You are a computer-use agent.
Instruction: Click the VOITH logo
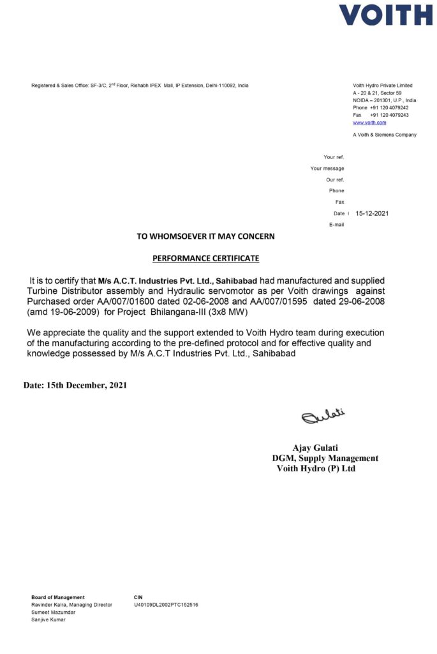385,15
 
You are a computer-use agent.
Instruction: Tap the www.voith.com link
369,123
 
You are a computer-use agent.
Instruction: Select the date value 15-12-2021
372,213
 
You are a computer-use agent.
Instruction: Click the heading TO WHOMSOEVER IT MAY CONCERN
206,236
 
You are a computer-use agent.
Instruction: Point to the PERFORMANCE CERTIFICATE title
206,259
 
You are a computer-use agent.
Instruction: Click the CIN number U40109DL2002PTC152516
166,604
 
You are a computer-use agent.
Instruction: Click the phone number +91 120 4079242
389,108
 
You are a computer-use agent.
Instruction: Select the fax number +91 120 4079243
389,115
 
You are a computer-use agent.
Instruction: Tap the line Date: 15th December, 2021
75,386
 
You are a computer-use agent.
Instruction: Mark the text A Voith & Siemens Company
385,135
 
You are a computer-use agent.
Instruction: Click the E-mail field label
336,225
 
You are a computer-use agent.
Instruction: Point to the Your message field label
327,169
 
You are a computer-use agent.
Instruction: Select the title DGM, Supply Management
325,458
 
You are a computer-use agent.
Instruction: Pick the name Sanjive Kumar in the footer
48,620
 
